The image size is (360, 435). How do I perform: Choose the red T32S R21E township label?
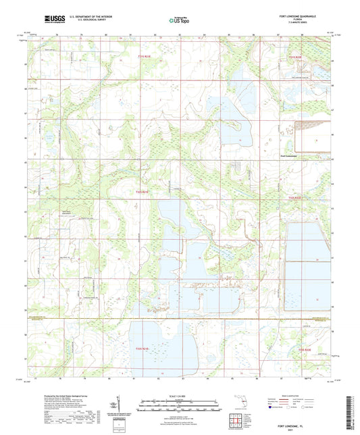pos(138,193)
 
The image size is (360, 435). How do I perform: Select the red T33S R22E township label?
pos(305,349)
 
